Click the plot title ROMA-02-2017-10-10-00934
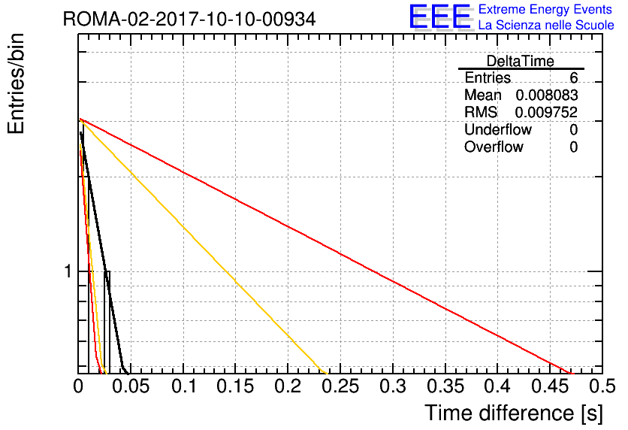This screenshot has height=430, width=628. pyautogui.click(x=189, y=19)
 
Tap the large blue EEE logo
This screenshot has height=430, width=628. pyautogui.click(x=441, y=17)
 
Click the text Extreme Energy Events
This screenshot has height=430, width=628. pyautogui.click(x=545, y=9)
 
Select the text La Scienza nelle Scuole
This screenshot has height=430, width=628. pyautogui.click(x=546, y=25)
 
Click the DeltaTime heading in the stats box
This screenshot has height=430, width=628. pyautogui.click(x=521, y=61)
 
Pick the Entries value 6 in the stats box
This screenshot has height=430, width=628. pyautogui.click(x=573, y=77)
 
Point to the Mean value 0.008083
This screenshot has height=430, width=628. pyautogui.click(x=547, y=95)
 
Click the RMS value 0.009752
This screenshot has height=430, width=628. pyautogui.click(x=546, y=112)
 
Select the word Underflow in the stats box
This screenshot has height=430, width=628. pyautogui.click(x=498, y=129)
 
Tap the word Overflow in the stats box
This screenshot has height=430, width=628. pyautogui.click(x=494, y=147)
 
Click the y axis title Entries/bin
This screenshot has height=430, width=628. pyautogui.click(x=16, y=83)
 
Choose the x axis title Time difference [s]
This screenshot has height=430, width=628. pyautogui.click(x=514, y=413)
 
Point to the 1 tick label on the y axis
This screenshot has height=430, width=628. pyautogui.click(x=68, y=271)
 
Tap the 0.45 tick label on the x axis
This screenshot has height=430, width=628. pyautogui.click(x=550, y=386)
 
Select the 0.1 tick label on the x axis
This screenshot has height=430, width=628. pyautogui.click(x=184, y=386)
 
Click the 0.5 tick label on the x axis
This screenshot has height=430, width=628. pyautogui.click(x=602, y=386)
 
